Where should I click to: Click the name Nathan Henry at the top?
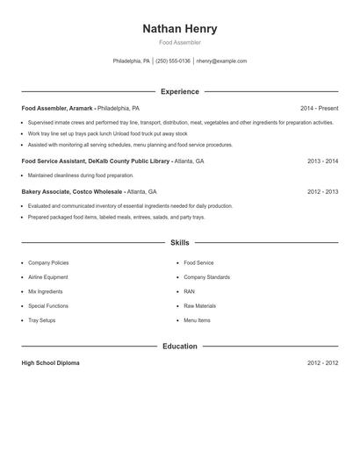pyautogui.click(x=179, y=29)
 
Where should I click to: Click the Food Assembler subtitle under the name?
pyautogui.click(x=179, y=42)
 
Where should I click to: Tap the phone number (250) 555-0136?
pyautogui.click(x=172, y=61)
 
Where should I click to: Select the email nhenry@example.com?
pyautogui.click(x=221, y=61)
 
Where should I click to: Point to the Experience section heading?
pyautogui.click(x=179, y=91)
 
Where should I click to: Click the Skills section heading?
pyautogui.click(x=179, y=242)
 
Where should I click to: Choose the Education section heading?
pyautogui.click(x=179, y=347)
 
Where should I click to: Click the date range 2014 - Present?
pyautogui.click(x=319, y=108)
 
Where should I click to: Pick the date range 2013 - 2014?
pyautogui.click(x=322, y=161)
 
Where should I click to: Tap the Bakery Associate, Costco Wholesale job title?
pyautogui.click(x=72, y=191)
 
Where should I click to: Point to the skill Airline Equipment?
pyautogui.click(x=48, y=277)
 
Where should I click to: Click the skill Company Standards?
pyautogui.click(x=206, y=277)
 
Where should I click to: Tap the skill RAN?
pyautogui.click(x=189, y=291)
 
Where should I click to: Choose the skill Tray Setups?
pyautogui.click(x=41, y=320)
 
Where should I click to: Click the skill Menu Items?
pyautogui.click(x=197, y=320)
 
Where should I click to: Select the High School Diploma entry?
pyautogui.click(x=50, y=363)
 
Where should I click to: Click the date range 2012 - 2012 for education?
pyautogui.click(x=322, y=363)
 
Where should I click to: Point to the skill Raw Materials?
pyautogui.click(x=199, y=306)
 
